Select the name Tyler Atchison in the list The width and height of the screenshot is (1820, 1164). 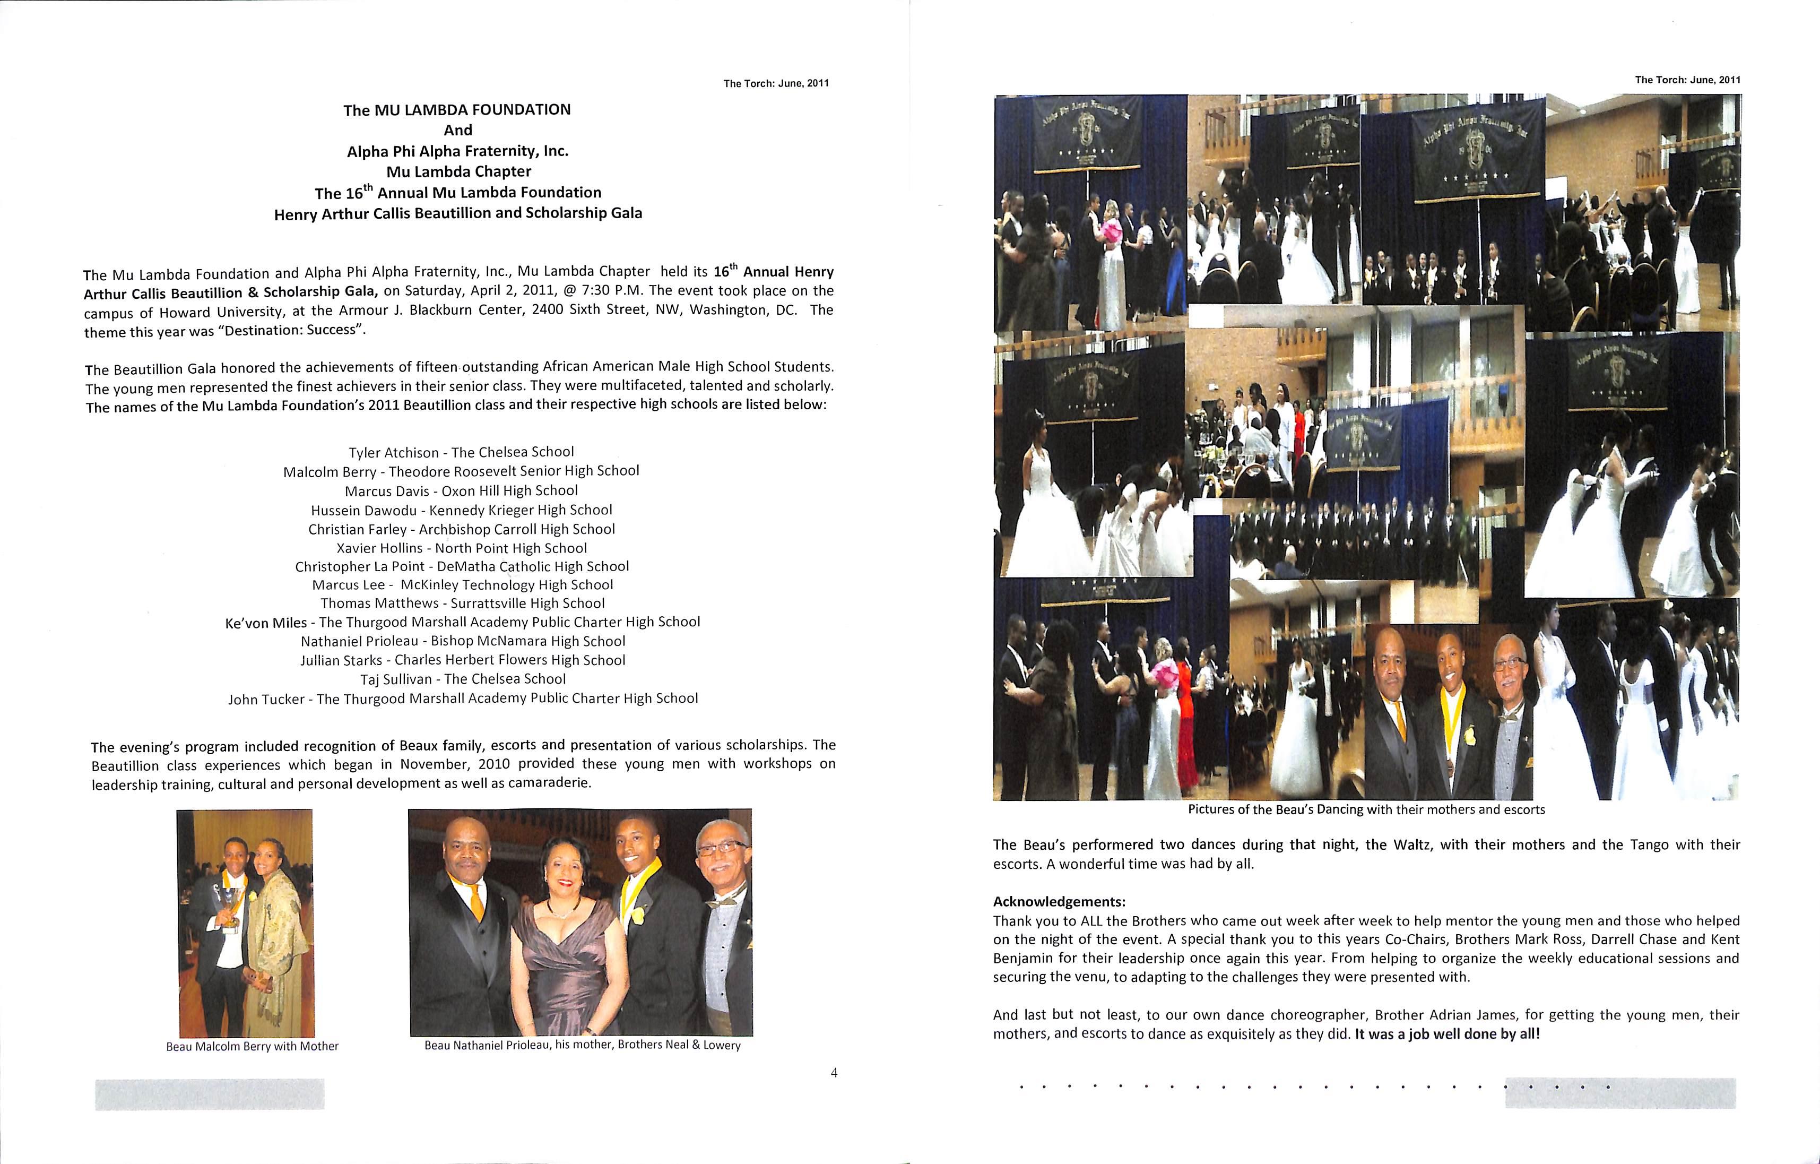[393, 453]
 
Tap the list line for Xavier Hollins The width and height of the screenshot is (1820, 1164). [461, 548]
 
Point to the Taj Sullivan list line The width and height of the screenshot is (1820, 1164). [463, 679]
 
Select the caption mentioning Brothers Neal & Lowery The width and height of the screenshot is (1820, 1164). [582, 1045]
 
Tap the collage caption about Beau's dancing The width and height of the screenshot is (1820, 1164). [1366, 809]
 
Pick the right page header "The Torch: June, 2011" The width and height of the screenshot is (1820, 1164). [1687, 80]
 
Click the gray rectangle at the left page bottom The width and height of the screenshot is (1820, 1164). [210, 1094]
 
